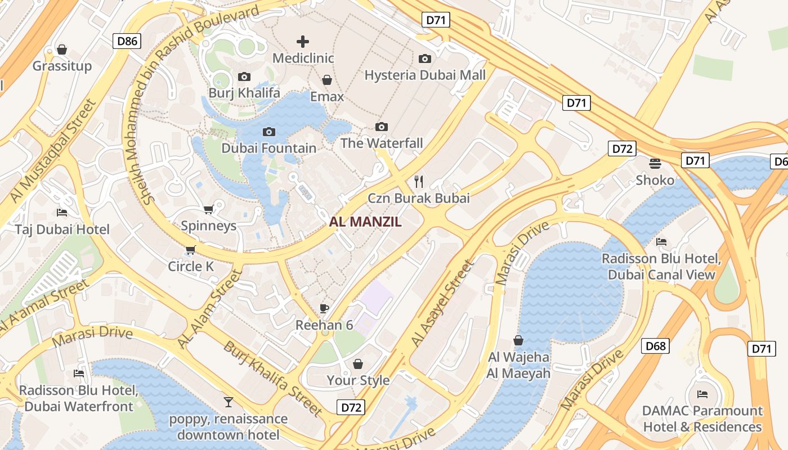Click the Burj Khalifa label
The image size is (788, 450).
pos(244,93)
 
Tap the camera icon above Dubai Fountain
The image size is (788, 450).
pos(269,132)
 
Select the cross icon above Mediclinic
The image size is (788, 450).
pos(303,42)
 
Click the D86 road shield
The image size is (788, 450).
pos(127,40)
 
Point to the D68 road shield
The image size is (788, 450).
pos(655,345)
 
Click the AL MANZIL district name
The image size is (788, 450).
pos(365,222)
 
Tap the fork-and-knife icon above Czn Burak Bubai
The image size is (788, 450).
pos(418,181)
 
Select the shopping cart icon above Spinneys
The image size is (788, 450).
pos(208,209)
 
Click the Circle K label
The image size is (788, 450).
pos(191,266)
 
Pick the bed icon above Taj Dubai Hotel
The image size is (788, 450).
pos(62,213)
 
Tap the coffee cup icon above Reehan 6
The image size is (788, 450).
pos(324,308)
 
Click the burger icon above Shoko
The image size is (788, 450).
pos(655,163)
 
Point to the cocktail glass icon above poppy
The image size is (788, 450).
pos(229,402)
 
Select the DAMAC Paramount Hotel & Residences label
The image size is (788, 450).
pos(702,418)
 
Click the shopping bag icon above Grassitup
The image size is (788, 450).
pos(62,49)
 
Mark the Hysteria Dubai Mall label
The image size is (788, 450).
pos(425,75)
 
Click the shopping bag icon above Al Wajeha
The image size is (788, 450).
pos(518,340)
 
